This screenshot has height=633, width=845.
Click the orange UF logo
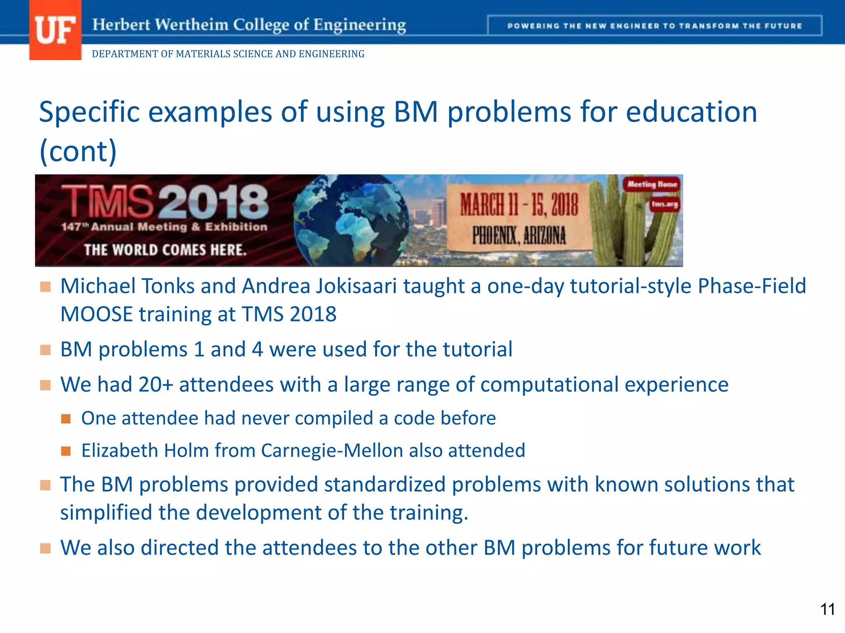(55, 30)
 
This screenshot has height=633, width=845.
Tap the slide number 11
(827, 609)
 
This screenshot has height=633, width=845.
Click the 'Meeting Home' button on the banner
(652, 184)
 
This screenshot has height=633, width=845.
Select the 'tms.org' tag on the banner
(664, 204)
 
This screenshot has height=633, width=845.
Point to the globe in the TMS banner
(351, 220)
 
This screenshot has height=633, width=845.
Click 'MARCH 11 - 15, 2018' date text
(519, 205)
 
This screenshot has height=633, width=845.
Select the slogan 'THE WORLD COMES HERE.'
(165, 250)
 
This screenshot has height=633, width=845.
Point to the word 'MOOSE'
(96, 314)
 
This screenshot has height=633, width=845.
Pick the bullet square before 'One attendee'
(66, 419)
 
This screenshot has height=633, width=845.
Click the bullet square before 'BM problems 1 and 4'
(45, 350)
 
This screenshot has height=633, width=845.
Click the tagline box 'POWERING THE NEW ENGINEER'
(654, 26)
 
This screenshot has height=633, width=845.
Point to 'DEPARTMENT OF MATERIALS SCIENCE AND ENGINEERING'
(228, 54)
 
